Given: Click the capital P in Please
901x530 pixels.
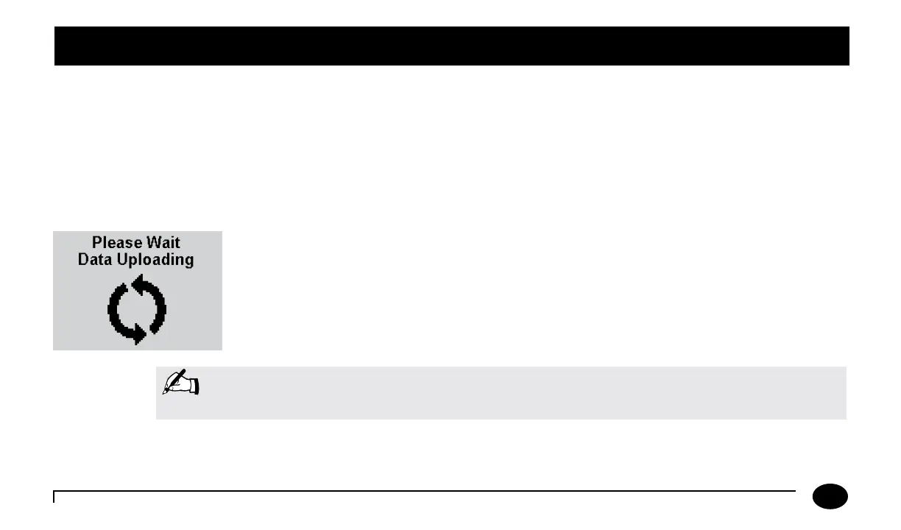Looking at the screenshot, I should (96, 242).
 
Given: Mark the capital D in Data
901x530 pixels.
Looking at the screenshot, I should (82, 260).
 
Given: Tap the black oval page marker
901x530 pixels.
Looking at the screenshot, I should (830, 497).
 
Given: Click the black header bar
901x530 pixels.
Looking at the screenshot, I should (451, 46).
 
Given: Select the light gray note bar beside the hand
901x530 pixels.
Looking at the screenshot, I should (515, 393).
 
